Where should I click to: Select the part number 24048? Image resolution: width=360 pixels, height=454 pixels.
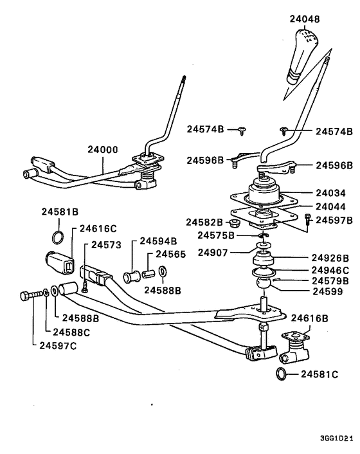(x=304, y=19)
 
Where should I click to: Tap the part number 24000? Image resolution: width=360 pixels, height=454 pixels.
(x=103, y=149)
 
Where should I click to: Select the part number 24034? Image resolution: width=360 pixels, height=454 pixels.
(x=332, y=192)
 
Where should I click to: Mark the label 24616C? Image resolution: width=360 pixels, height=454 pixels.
(x=98, y=228)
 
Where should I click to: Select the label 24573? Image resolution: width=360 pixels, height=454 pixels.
(x=106, y=244)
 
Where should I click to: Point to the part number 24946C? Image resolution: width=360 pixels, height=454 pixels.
(x=330, y=270)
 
